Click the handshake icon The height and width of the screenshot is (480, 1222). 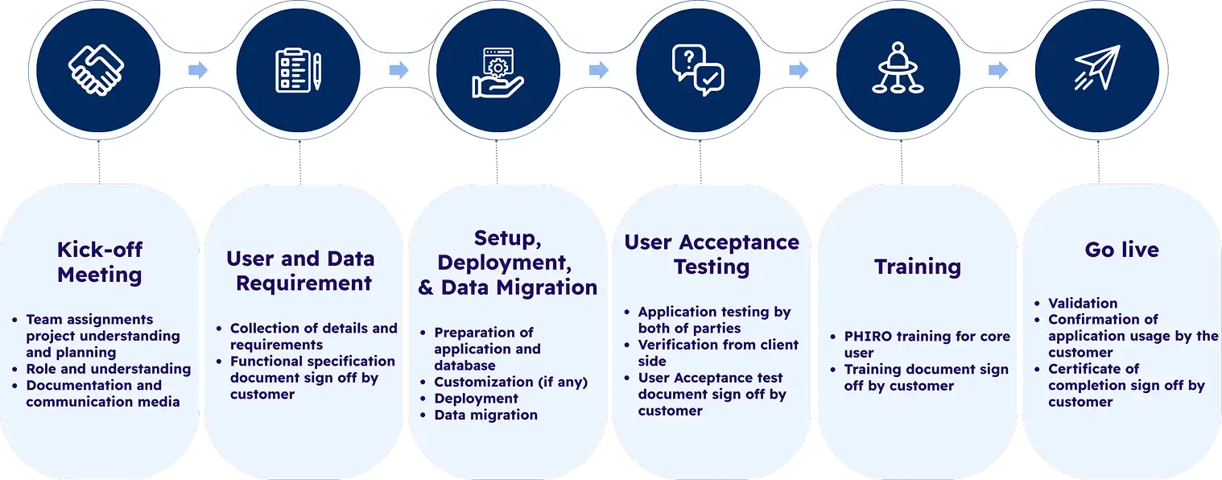tap(96, 70)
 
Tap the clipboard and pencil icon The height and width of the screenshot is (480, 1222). tap(298, 70)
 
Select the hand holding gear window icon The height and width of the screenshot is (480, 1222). tap(497, 72)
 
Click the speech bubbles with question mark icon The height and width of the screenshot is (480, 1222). tap(698, 70)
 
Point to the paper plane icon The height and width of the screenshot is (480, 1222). tap(1097, 68)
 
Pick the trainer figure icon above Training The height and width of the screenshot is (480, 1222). tap(898, 68)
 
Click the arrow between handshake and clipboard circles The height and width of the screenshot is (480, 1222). tap(198, 70)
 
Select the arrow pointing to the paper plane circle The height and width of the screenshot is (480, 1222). tap(998, 70)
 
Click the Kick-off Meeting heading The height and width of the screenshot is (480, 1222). tap(100, 262)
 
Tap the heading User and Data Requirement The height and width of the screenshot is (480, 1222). tap(301, 271)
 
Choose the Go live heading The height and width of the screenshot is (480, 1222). tap(1121, 250)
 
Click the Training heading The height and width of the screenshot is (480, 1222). tap(918, 267)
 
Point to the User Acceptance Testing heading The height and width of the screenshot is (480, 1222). tap(712, 254)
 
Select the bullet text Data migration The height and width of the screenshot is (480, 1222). tap(485, 415)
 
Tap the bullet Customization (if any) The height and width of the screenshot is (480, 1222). tap(510, 383)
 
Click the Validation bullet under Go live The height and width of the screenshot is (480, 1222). tap(1083, 303)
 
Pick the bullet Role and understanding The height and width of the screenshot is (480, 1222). tap(109, 369)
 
